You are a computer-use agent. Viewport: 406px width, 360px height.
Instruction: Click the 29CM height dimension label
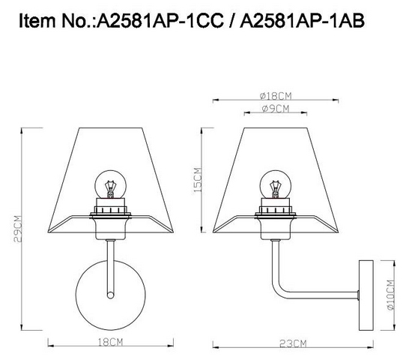point(18,229)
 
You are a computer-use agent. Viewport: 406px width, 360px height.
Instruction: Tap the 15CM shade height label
point(197,180)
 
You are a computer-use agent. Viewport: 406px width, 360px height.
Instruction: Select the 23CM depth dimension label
point(293,344)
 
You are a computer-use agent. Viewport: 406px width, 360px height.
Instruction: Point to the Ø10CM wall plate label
point(390,295)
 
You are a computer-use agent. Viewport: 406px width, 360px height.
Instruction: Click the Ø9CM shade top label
point(275,109)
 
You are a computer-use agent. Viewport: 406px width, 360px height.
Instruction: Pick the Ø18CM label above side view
point(276,96)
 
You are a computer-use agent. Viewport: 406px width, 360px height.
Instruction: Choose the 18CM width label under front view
point(110,343)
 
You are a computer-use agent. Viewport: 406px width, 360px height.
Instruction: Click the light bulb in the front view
point(111,184)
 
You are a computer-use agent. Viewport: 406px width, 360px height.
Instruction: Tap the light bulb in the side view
point(275,184)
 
